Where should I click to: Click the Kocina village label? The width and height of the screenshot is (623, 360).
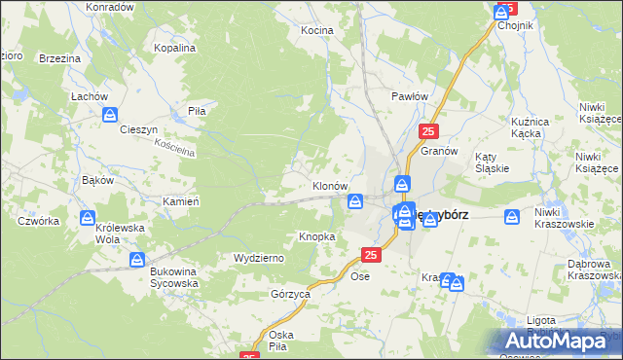coord(316,30)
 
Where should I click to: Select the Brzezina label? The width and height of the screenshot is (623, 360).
coord(59,58)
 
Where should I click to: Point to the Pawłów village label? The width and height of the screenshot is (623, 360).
coord(410,96)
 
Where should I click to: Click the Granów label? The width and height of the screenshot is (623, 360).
coord(439,152)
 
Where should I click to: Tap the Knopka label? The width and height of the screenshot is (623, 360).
coord(317,236)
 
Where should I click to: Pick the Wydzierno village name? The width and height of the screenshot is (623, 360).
coord(258,258)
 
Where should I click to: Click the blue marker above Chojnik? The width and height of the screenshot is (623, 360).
coord(503,10)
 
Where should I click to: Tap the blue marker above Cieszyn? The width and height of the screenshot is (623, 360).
coord(110,114)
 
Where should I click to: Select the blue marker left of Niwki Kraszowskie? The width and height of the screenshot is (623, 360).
coord(513,218)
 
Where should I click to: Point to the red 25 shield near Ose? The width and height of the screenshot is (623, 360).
coord(370,255)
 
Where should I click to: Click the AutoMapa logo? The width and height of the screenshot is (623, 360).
coord(559,341)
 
